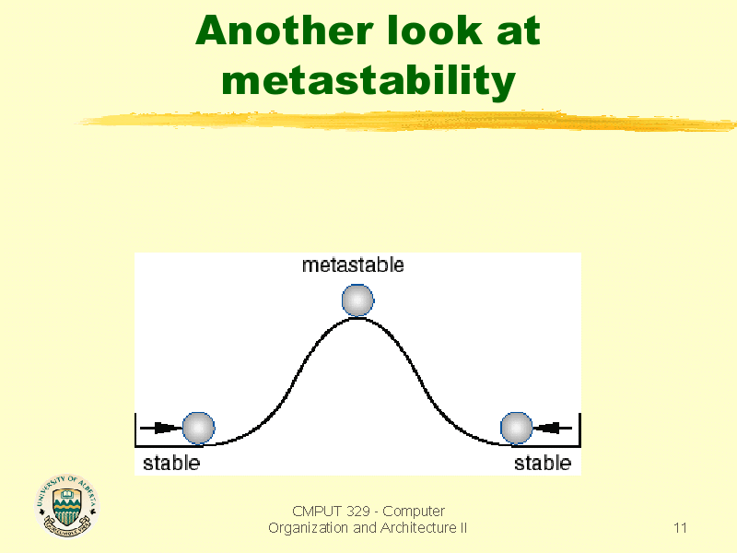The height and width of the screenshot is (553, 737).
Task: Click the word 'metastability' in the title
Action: (x=368, y=81)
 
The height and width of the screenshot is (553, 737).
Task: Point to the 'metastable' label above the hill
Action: (x=353, y=265)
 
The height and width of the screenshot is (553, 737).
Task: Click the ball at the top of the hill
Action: (x=357, y=300)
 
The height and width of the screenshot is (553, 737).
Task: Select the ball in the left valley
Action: (x=198, y=428)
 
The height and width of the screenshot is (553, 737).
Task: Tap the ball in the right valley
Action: (x=516, y=428)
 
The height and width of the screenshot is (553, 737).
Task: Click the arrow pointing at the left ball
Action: (x=160, y=428)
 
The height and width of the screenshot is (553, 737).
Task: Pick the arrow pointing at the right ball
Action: (x=555, y=428)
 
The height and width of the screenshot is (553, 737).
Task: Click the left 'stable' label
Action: (x=170, y=463)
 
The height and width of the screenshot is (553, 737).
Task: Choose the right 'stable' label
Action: (x=543, y=463)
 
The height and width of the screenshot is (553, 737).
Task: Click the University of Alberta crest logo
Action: (x=66, y=506)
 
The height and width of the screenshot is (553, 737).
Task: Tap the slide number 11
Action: (x=681, y=528)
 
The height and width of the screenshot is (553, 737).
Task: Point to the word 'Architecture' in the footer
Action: (x=418, y=528)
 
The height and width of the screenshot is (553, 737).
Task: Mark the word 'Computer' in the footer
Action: (x=415, y=512)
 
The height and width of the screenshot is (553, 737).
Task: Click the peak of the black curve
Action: (x=357, y=319)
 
